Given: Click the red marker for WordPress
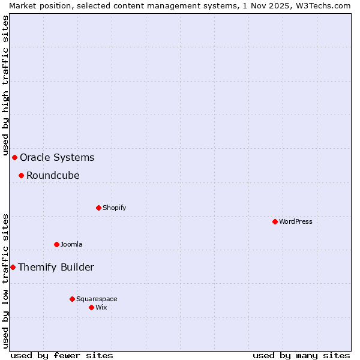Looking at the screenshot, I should point(275,221).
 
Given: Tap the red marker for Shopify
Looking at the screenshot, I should point(98,208).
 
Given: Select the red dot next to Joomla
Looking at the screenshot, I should point(56,244).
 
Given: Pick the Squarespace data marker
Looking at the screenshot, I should point(72,299).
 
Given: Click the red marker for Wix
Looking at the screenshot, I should point(91,307).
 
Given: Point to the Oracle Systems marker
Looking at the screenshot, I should point(14,157).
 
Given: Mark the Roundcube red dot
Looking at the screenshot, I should point(21,175).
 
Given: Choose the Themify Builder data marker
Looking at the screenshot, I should point(13,267).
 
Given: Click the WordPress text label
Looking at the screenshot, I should point(295,221).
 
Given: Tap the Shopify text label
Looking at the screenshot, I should point(114,208).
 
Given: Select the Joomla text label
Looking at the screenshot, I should point(71,244).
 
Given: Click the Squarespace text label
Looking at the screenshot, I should point(97,299).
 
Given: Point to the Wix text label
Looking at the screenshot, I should point(101,307).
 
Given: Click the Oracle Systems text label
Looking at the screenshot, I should point(57,158).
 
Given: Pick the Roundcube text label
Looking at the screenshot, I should point(53,176).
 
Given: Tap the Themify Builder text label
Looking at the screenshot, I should point(56,268).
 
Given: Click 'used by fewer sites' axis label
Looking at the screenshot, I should point(62,355).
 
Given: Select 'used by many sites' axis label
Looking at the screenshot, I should point(301,355).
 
